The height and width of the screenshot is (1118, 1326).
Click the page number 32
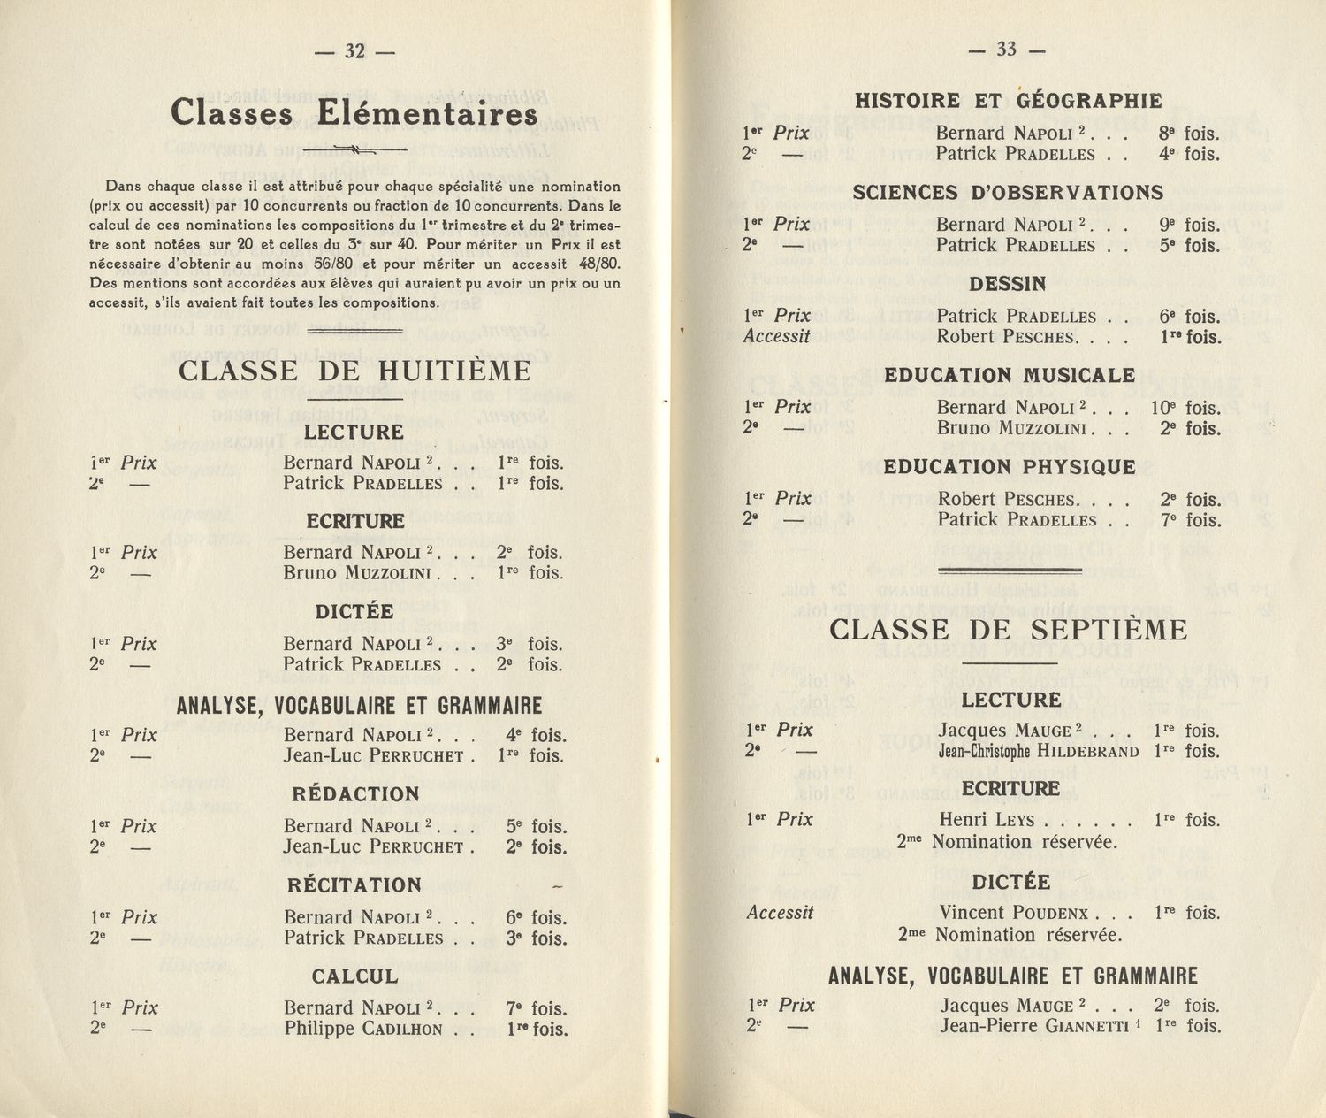pos(354,51)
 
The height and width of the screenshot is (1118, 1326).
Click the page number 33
pos(1007,50)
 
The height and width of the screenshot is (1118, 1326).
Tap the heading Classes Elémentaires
pos(354,114)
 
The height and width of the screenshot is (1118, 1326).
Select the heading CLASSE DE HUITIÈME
pos(354,371)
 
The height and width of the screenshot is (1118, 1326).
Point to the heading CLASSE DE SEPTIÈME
pos(1009,631)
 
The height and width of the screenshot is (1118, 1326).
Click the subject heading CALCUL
pos(354,976)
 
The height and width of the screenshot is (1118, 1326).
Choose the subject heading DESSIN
pos(1007,284)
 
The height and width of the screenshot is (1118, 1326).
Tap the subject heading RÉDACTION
pos(355,794)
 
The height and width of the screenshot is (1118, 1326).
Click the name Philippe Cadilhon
pos(363,1029)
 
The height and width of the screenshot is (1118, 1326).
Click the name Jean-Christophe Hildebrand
pos(1038,752)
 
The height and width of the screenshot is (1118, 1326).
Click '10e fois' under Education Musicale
pos(1185,408)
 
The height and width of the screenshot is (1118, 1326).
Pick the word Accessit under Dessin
pos(776,336)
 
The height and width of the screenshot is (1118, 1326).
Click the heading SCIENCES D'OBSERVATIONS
pos(1008,192)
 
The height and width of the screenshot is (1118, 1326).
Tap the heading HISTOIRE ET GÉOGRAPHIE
pos(1008,100)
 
